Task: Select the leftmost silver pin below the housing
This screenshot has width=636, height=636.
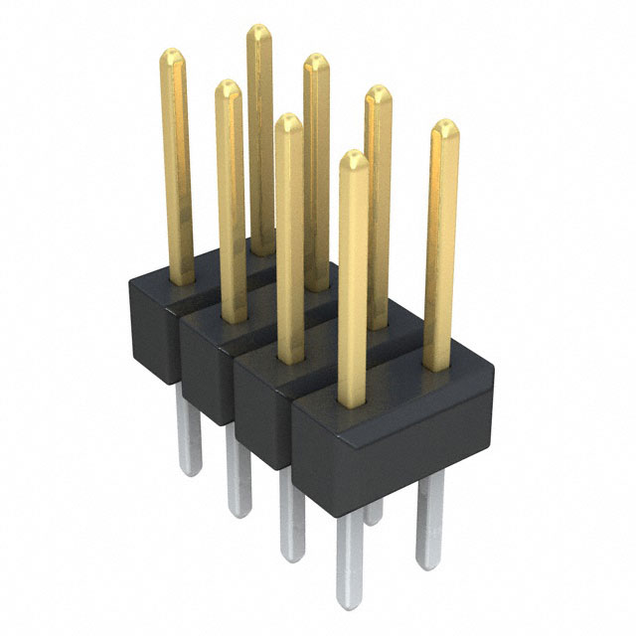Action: tap(188, 437)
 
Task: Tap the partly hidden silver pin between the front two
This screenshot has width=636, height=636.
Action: tap(373, 511)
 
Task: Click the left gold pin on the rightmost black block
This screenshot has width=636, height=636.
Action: tap(353, 278)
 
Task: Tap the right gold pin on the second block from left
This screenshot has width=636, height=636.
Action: tap(317, 169)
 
